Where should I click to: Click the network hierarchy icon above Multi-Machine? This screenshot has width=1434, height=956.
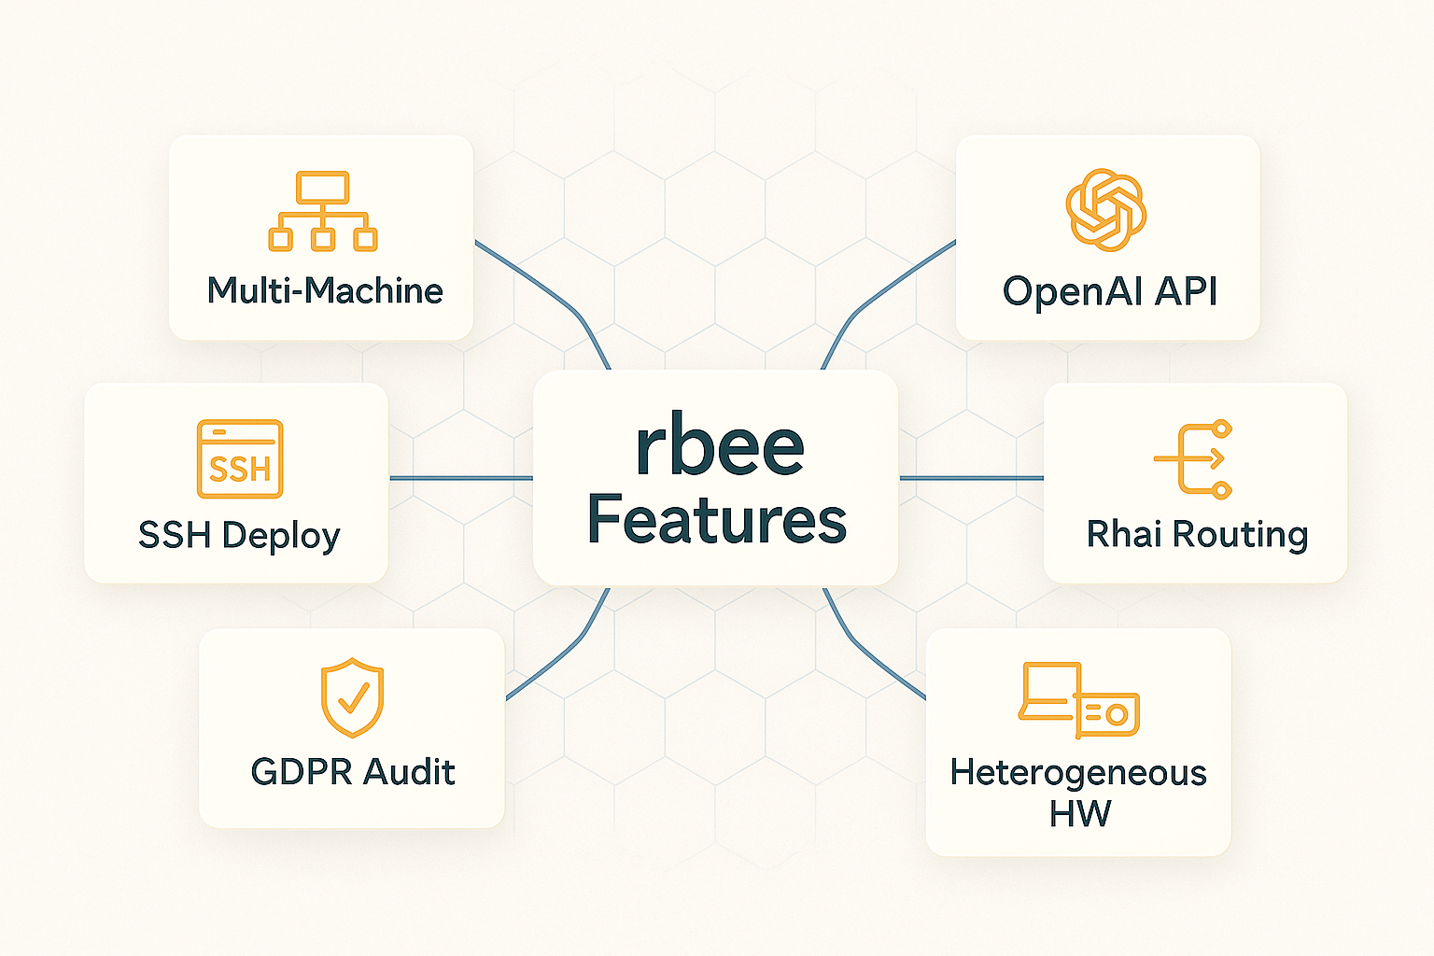point(323,212)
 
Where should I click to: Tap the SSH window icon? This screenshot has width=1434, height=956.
point(240,459)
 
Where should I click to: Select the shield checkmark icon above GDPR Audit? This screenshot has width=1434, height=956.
point(352,697)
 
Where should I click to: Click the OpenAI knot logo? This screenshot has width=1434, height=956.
point(1106,210)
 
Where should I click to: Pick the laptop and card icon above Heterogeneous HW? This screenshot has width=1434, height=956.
point(1079,700)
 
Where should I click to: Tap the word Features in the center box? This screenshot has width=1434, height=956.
point(716,519)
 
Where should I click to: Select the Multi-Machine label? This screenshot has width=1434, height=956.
point(325,291)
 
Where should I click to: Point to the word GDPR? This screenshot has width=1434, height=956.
point(302,772)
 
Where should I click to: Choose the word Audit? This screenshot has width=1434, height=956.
point(409,772)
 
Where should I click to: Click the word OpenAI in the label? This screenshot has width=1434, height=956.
point(1073,291)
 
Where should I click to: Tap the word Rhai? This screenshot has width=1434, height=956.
point(1125,534)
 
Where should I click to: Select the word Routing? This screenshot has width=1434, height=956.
point(1240,535)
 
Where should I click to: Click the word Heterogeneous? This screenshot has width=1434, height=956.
point(1078,773)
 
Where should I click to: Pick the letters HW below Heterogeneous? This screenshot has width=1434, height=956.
point(1079,814)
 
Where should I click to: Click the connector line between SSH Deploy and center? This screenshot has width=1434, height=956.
point(460,478)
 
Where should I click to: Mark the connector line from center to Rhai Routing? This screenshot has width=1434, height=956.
point(971,478)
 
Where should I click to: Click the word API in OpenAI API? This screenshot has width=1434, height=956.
point(1186,291)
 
